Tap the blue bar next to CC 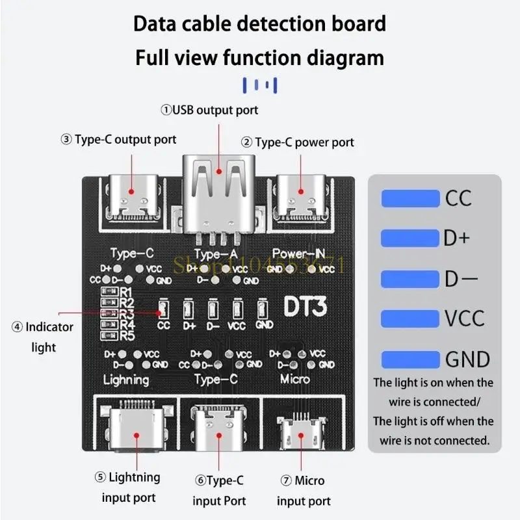coord(410,198)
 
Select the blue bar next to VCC coord(410,318)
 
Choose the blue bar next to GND coord(410,359)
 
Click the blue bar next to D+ coord(410,238)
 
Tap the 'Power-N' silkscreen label coord(298,253)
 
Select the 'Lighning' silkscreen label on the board coord(126,379)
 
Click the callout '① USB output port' coord(209,110)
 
